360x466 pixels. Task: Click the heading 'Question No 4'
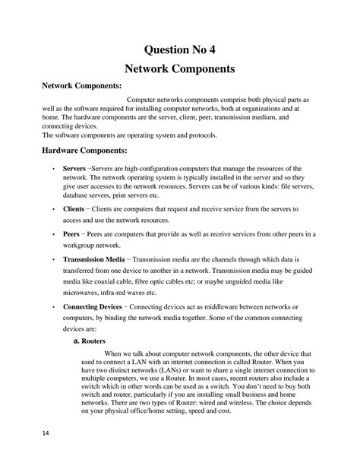click(x=180, y=50)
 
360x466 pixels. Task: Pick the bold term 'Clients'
click(x=74, y=208)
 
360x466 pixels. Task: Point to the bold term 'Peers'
click(x=72, y=236)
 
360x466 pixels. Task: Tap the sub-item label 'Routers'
click(x=93, y=343)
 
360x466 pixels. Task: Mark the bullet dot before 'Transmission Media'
click(x=52, y=260)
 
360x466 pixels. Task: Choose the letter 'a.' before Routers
click(x=76, y=343)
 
